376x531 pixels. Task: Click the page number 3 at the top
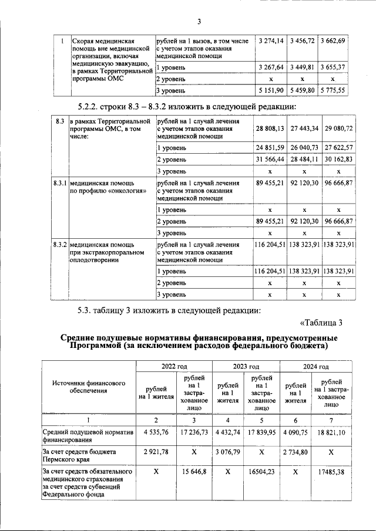point(199,23)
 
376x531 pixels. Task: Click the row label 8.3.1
point(58,183)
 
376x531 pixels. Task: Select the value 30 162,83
point(338,159)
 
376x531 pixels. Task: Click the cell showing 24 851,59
point(270,147)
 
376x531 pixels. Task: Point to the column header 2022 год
point(174,366)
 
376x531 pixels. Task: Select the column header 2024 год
point(315,366)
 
